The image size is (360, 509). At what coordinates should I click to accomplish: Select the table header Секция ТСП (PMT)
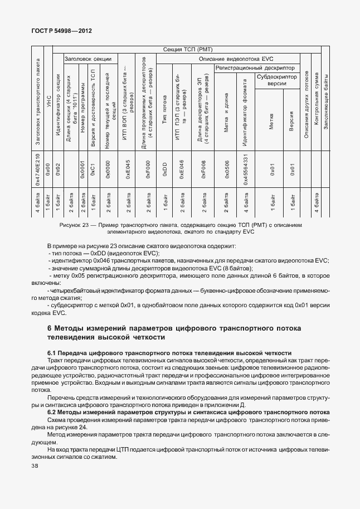click(x=187, y=50)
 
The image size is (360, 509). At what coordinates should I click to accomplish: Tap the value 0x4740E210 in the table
click(x=38, y=170)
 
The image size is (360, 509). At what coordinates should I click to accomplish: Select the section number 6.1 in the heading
click(x=53, y=353)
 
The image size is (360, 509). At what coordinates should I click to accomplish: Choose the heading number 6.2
click(x=53, y=412)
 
